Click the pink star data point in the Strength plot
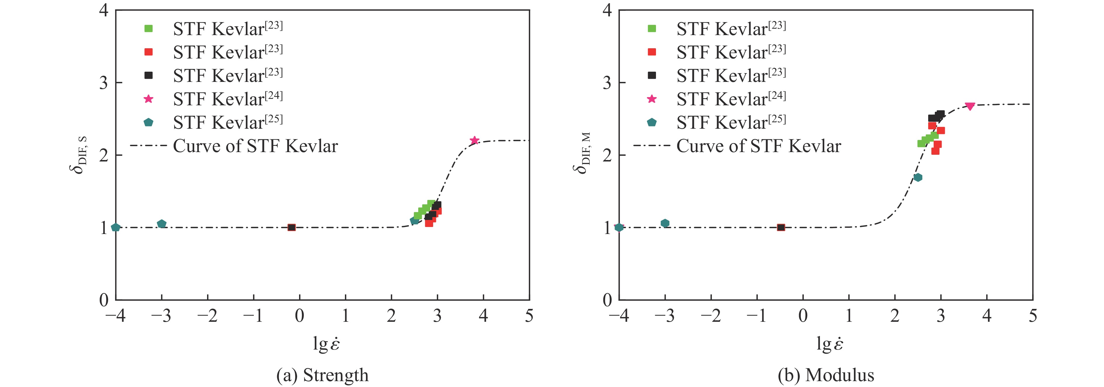(474, 140)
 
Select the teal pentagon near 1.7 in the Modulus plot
(918, 177)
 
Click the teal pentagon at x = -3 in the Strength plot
(162, 223)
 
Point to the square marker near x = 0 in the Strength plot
(291, 227)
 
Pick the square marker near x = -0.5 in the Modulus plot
(781, 227)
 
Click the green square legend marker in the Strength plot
(148, 29)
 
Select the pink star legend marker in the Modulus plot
(651, 99)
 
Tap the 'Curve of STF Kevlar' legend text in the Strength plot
(256, 146)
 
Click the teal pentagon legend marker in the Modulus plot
(651, 122)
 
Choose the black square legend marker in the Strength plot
(148, 75)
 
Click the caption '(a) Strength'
(322, 375)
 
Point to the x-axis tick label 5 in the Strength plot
(529, 316)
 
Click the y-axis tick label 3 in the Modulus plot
(607, 82)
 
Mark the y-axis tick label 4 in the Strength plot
(104, 10)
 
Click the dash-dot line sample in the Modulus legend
(651, 146)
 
